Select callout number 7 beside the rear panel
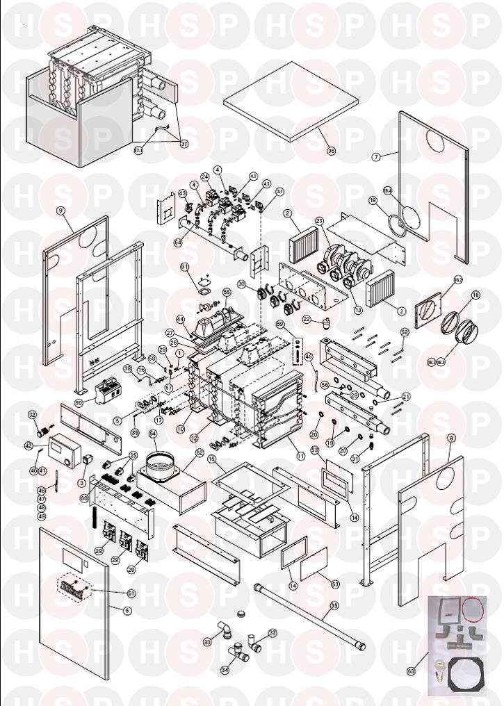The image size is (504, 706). click(376, 158)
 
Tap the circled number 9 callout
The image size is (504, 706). click(60, 209)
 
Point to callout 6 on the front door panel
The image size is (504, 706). click(127, 610)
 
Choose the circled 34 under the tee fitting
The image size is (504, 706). click(224, 670)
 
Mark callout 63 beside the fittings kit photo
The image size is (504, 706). click(411, 671)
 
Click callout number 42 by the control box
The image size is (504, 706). click(29, 446)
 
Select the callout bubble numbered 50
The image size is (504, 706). click(79, 402)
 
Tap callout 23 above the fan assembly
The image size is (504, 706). click(320, 221)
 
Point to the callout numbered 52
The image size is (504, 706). click(405, 333)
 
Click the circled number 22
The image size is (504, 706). click(307, 320)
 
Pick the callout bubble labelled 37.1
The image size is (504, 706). click(138, 150)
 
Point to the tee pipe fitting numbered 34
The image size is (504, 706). click(239, 652)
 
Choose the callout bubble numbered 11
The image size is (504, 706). click(300, 456)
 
